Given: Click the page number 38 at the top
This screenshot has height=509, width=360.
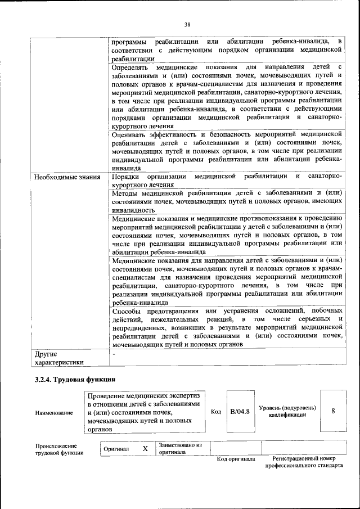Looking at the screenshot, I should pyautogui.click(x=187, y=24).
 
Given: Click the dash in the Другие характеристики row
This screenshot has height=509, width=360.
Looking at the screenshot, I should pyautogui.click(x=114, y=354).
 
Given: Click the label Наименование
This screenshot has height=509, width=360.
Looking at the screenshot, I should pyautogui.click(x=53, y=413).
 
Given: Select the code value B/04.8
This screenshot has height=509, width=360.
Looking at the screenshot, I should pyautogui.click(x=240, y=412).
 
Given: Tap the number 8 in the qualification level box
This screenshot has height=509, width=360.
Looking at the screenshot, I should pyautogui.click(x=333, y=411).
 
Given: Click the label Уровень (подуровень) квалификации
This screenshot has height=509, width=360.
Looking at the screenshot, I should pyautogui.click(x=287, y=411).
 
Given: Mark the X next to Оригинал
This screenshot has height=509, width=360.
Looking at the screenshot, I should pyautogui.click(x=145, y=449).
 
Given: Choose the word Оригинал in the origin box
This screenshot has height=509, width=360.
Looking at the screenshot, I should pyautogui.click(x=116, y=449).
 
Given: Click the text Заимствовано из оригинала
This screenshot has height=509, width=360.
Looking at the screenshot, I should pyautogui.click(x=180, y=448).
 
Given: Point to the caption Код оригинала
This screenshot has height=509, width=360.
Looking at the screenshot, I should pyautogui.click(x=236, y=460).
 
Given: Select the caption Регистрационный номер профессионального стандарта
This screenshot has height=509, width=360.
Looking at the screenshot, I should pyautogui.click(x=304, y=463).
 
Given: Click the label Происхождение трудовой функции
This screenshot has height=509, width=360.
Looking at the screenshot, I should pyautogui.click(x=56, y=450).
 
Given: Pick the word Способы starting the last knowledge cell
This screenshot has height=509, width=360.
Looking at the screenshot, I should pyautogui.click(x=127, y=311).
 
